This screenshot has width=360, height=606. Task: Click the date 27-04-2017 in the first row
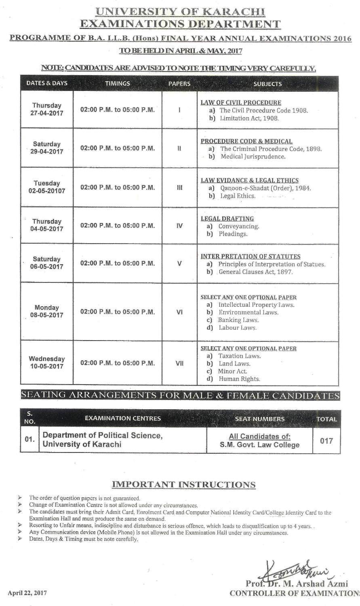point(47,114)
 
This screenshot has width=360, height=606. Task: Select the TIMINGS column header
point(118,84)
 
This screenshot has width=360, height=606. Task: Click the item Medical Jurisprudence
point(253,156)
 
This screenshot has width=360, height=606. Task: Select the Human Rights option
point(239,379)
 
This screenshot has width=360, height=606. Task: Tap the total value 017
point(326,440)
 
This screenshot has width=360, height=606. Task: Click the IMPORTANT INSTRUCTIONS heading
point(183,484)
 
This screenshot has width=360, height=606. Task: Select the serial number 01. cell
point(29,440)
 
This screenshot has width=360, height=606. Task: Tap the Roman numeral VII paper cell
point(180,363)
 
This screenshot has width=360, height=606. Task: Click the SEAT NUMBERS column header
point(259,419)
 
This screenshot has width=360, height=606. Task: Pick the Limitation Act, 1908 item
point(249,118)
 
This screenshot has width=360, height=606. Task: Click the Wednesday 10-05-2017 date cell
point(47,362)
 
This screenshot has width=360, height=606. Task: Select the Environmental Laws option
point(248,312)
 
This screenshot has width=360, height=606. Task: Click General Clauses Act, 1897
point(256,272)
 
